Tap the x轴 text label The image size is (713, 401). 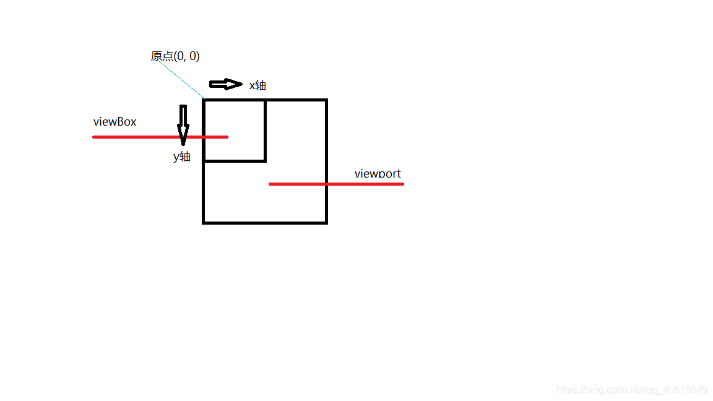coord(257,85)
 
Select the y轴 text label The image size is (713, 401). coord(182,157)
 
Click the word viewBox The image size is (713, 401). coord(115,122)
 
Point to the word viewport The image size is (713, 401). coord(378,174)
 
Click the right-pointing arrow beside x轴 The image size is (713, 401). coord(225,84)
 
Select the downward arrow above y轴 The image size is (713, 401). coord(183,124)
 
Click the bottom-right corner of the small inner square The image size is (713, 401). coord(266,161)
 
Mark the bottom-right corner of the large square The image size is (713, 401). coord(326,222)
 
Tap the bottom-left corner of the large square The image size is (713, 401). coord(204,222)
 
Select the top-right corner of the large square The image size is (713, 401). coord(326,100)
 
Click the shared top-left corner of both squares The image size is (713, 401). coord(204,100)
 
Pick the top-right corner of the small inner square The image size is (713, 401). coord(266,100)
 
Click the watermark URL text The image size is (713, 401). coord(631,390)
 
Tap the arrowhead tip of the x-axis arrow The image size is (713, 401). coord(242,84)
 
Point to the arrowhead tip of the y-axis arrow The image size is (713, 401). coord(183,145)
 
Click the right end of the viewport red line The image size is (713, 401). coord(403,184)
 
